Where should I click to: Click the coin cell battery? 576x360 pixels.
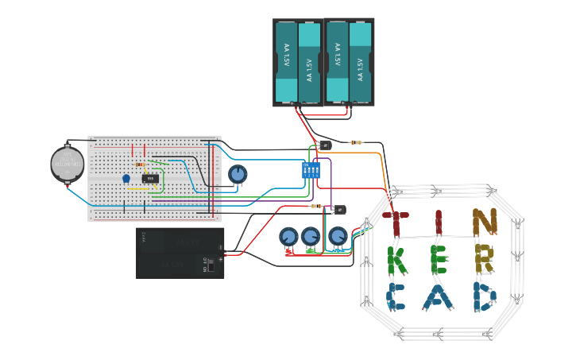[x=68, y=164]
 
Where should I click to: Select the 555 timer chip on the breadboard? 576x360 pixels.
[x=152, y=178]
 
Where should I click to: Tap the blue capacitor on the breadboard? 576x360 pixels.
[x=126, y=178]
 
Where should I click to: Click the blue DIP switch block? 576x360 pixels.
[x=311, y=170]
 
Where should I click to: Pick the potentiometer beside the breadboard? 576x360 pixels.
[x=238, y=173]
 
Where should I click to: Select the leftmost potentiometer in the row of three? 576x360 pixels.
[x=288, y=237]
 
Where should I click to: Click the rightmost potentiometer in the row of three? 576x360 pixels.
[x=338, y=236]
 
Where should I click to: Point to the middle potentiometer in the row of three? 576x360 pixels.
[x=310, y=236]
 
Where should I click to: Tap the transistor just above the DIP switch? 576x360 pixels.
[x=323, y=145]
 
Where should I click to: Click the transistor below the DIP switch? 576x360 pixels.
[x=339, y=209]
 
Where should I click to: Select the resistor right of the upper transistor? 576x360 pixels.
[x=357, y=143]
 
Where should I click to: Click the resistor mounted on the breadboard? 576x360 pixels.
[x=141, y=165]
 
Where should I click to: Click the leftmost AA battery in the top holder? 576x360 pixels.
[x=285, y=62]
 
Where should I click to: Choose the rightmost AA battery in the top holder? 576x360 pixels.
[x=360, y=62]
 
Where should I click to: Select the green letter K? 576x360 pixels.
[x=397, y=260]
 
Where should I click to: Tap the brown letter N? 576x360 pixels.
[x=483, y=223]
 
